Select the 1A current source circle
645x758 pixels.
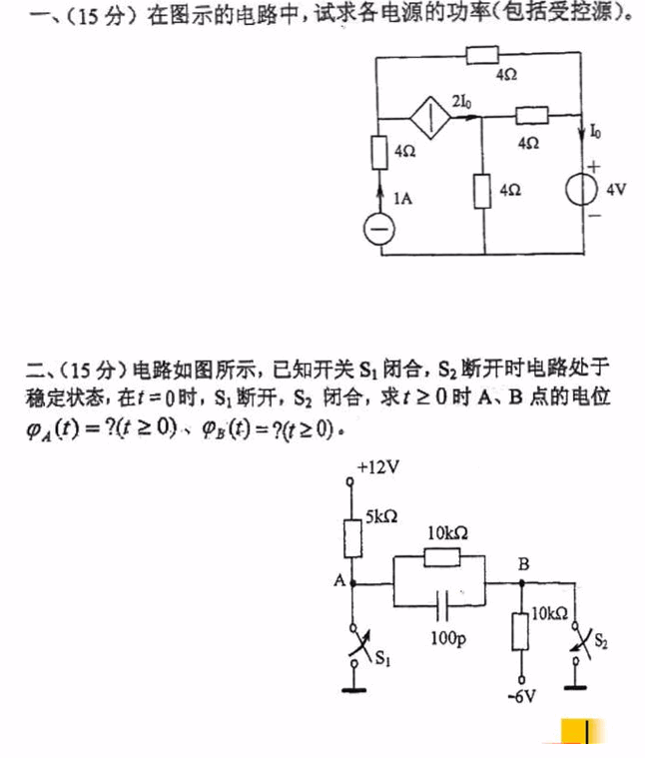[x=377, y=229]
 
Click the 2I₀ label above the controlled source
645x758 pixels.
[x=462, y=102]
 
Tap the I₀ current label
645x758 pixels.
[x=596, y=132]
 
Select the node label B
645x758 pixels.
[x=522, y=565]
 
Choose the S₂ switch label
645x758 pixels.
[x=599, y=639]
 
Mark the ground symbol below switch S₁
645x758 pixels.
[x=350, y=687]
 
